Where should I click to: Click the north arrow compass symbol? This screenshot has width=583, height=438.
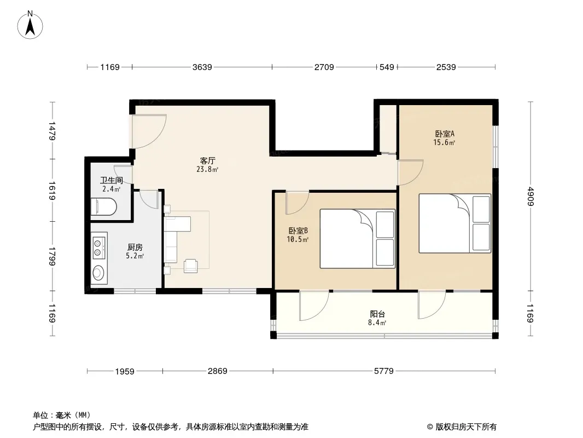point(30,25)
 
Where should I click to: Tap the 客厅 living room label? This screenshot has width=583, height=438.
point(207,161)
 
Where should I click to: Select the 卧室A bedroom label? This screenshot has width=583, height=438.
point(445,134)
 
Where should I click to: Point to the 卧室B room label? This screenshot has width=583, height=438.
point(298,230)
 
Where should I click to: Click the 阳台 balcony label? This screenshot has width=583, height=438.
point(377,314)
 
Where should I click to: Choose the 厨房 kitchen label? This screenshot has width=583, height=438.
point(135,247)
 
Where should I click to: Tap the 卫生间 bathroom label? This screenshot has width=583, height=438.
point(112,181)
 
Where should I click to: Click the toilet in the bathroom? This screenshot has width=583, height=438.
point(104,207)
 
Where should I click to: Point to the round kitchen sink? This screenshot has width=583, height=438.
point(98,273)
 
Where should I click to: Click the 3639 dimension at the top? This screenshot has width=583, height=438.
point(202,67)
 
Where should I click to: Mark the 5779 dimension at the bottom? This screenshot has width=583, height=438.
point(384,371)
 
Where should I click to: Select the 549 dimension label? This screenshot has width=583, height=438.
point(387,67)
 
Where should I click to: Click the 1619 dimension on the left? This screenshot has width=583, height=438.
point(51,191)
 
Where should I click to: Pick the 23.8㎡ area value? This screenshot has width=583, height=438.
point(207,169)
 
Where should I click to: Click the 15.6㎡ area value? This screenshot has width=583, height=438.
point(444,142)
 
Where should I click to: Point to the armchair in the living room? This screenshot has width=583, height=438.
point(191,266)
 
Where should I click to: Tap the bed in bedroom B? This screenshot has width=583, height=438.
point(357,239)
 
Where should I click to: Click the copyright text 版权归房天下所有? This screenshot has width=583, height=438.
point(466,427)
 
